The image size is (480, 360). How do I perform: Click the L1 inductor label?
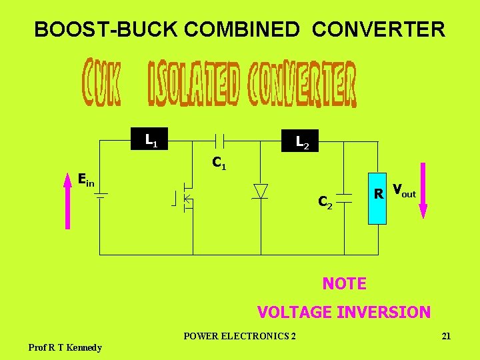coord(151,140)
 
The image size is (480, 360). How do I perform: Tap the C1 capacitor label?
coord(219,163)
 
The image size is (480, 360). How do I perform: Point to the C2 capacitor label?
coord(325,201)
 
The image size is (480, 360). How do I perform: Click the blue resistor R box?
coord(377,195)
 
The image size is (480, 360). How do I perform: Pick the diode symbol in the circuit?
coord(261,191)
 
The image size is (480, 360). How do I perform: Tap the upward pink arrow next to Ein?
coord(67,200)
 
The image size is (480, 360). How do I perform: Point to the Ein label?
coord(86,179)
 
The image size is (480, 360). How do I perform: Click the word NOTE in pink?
coord(344,283)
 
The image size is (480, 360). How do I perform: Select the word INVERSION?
coord(388,312)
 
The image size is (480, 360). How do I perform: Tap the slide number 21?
coord(446,336)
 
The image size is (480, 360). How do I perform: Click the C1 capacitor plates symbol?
coord(219,140)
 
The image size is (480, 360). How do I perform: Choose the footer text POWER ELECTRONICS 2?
coord(240,336)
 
